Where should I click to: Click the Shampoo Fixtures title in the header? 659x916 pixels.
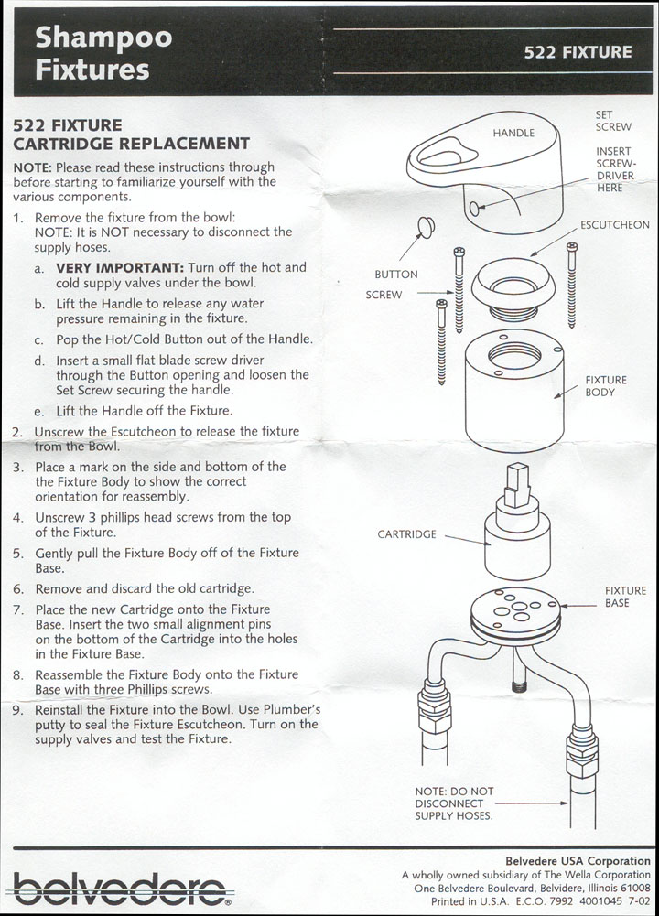(103, 53)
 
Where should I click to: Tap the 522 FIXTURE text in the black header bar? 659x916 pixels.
(577, 52)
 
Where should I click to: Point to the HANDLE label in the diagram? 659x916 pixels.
(513, 133)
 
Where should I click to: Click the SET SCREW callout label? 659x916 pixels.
(612, 121)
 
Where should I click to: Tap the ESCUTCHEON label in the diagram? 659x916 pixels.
(614, 225)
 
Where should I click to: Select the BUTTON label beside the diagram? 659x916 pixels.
(396, 275)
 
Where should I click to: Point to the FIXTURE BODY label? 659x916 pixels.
(606, 386)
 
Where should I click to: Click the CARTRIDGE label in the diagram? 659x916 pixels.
(406, 534)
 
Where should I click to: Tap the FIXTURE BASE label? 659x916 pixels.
(625, 597)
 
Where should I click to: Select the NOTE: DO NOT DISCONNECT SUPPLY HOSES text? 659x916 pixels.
(455, 803)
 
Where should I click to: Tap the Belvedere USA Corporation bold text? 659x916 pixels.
(578, 861)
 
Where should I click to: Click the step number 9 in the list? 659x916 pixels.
(17, 709)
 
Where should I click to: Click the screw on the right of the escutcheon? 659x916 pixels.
(571, 284)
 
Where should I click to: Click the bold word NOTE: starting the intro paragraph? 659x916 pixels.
(32, 168)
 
